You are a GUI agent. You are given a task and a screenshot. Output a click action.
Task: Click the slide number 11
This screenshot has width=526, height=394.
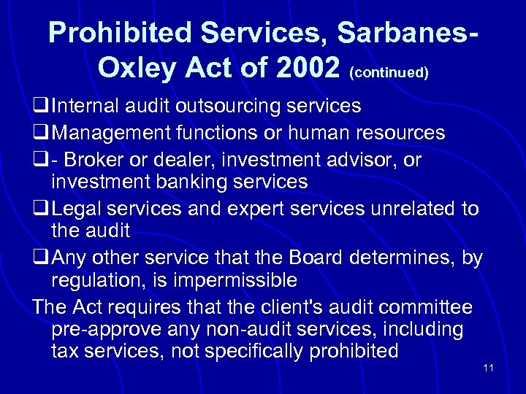488,368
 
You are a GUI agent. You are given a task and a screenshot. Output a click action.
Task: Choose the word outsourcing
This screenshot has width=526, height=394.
237,107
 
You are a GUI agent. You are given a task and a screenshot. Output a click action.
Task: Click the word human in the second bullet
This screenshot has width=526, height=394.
324,133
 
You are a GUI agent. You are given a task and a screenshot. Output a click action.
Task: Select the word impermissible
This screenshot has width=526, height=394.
235,280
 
